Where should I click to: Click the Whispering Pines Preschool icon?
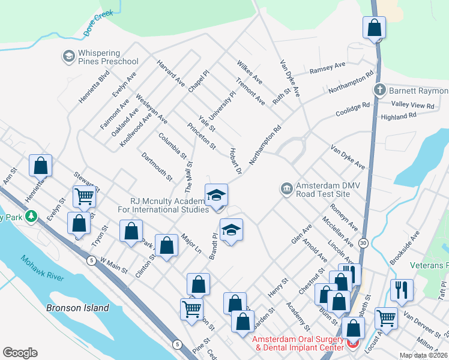68,57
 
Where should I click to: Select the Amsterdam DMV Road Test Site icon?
286,189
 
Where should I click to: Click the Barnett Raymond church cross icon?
379,91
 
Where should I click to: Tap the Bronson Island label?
77,308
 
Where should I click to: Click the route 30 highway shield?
364,242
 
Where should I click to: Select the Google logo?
20,353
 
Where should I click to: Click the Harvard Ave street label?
170,73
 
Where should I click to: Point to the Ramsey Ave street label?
327,69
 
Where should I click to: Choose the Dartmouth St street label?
156,167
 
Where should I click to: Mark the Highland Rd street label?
399,117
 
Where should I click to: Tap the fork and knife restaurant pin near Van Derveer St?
402,289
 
